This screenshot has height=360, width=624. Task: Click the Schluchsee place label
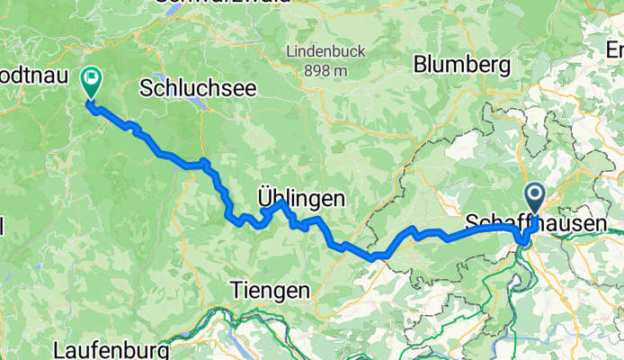point(199,87)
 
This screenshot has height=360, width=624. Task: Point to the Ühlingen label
point(300,197)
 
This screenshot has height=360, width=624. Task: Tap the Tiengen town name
point(270,290)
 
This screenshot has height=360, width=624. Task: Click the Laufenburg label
point(111,348)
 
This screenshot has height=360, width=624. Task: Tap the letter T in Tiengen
point(236,290)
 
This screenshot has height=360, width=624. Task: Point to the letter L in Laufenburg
point(58,348)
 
